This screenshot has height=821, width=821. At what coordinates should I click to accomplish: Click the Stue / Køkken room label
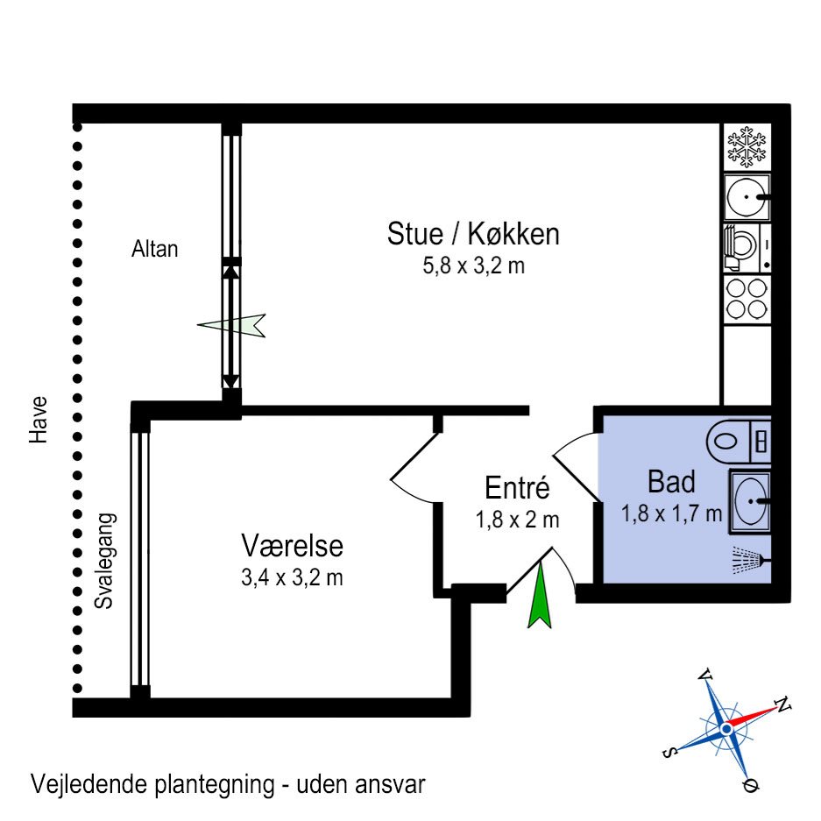[x=473, y=235]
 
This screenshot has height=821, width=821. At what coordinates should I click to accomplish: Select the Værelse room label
[x=292, y=546]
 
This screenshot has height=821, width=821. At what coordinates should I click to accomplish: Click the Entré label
[x=517, y=488]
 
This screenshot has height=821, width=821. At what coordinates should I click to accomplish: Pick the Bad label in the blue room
[x=671, y=482]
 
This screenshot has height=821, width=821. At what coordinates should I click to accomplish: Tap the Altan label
[x=154, y=249]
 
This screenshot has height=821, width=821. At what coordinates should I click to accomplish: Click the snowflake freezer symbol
[x=747, y=147]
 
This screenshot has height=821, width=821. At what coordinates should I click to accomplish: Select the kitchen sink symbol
[x=746, y=197]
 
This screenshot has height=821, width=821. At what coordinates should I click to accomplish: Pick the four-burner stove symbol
[x=747, y=298]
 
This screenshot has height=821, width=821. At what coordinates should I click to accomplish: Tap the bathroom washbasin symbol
[x=749, y=501]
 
